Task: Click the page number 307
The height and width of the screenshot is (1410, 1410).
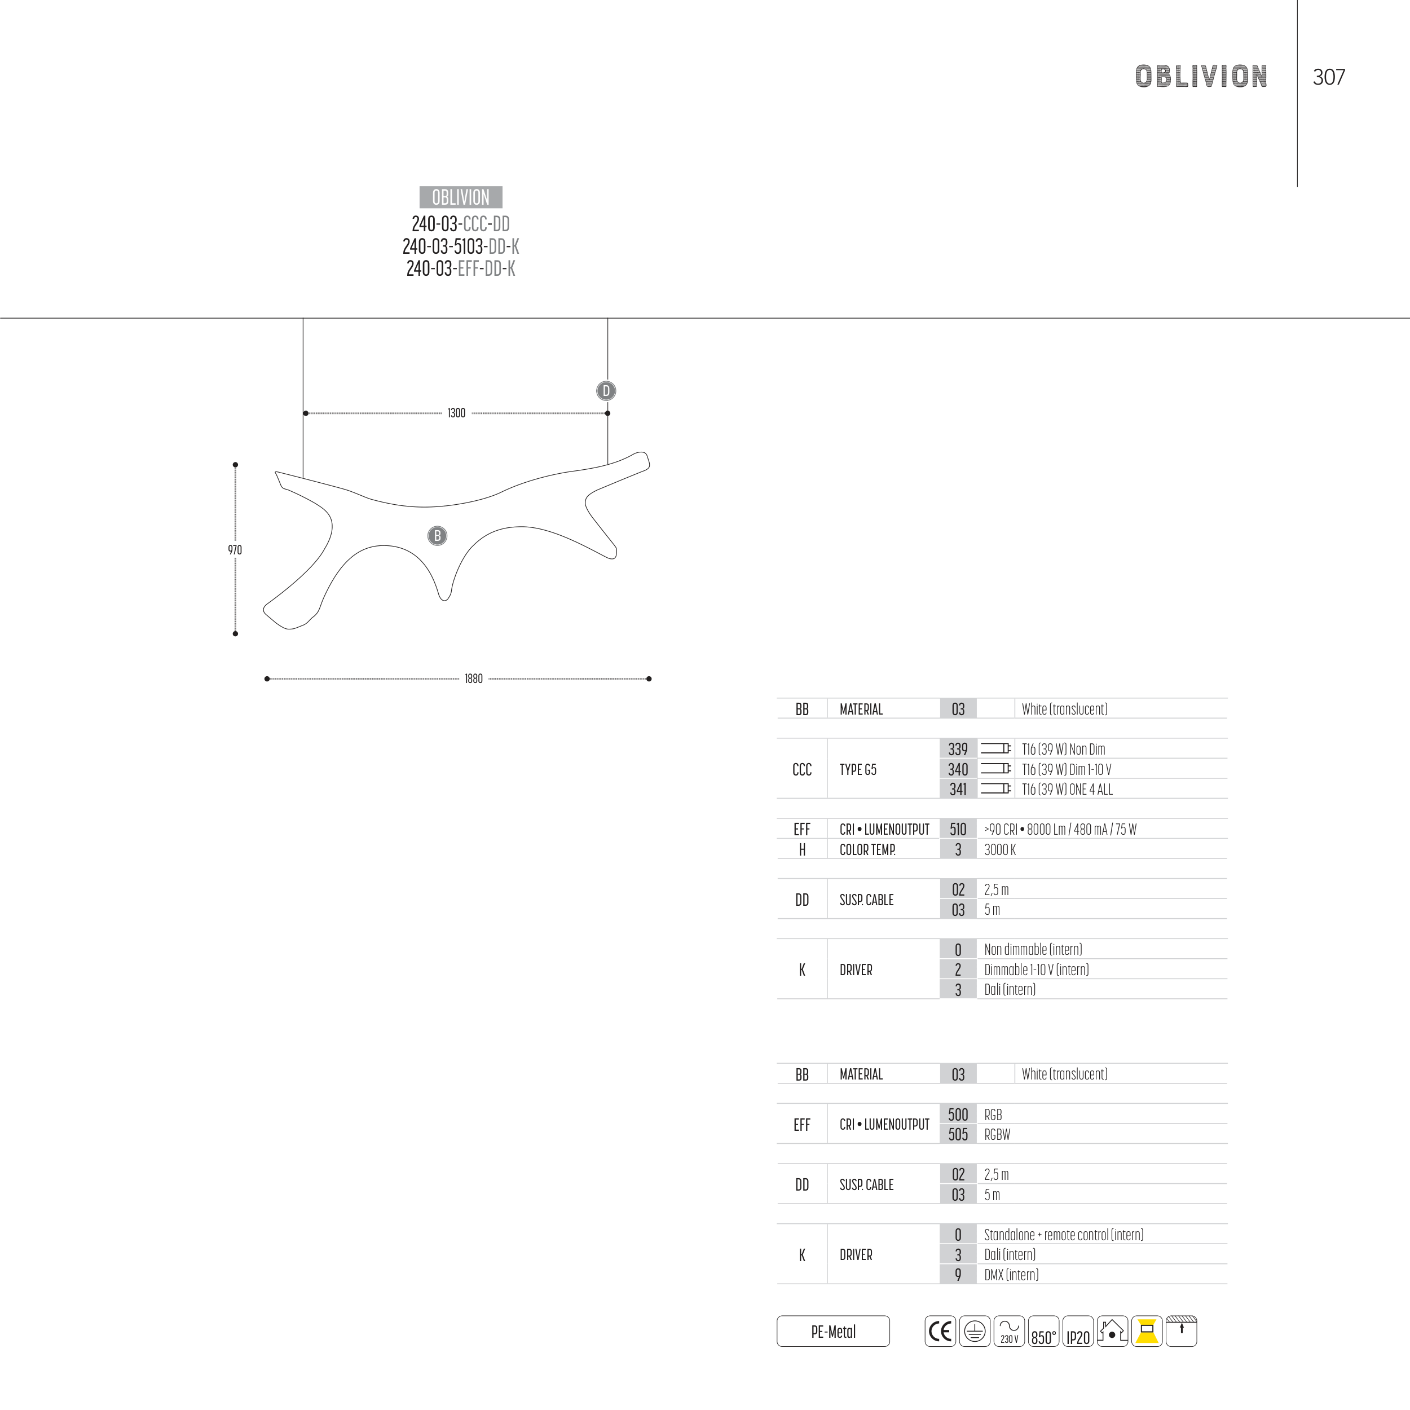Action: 1328,77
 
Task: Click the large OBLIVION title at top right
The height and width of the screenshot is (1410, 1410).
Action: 1201,77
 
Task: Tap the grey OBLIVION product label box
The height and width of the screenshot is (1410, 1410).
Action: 461,197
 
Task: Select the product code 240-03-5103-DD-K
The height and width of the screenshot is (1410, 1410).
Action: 461,246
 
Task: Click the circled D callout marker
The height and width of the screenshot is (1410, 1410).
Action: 606,390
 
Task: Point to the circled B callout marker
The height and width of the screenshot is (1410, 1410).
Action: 437,536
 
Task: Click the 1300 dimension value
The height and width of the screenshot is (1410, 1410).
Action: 456,413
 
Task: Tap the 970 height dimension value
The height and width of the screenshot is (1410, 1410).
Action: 235,549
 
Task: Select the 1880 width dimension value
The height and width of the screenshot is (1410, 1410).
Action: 474,678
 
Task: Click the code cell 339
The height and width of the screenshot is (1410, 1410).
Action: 958,749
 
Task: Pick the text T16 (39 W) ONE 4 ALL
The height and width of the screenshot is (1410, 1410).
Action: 1067,789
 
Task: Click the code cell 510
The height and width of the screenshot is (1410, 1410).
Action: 958,829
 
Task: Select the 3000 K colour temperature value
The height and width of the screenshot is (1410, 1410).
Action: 1000,849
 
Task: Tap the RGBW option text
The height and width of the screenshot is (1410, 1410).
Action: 997,1134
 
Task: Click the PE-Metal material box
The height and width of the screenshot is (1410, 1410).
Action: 834,1331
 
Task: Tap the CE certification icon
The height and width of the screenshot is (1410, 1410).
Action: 940,1331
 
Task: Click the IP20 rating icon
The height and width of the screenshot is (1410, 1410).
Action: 1078,1331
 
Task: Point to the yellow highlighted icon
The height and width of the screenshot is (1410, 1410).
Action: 1147,1331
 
